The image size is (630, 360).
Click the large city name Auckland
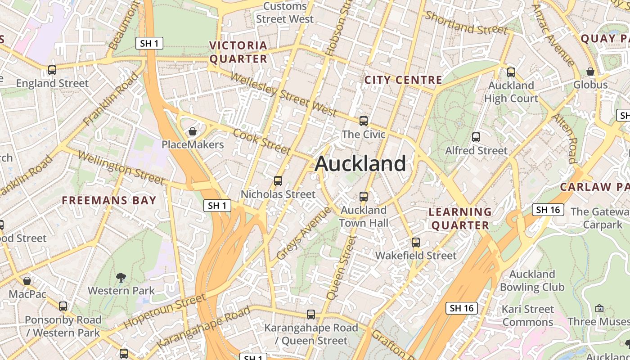(360, 164)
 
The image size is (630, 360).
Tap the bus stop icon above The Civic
(364, 121)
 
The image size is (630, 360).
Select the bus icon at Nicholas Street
(278, 181)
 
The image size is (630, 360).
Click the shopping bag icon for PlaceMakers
(193, 131)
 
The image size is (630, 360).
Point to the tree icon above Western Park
(121, 277)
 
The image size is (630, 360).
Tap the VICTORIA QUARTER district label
(238, 52)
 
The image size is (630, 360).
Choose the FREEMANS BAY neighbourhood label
(109, 201)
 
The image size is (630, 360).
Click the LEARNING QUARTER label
(460, 219)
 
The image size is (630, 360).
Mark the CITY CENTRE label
(403, 80)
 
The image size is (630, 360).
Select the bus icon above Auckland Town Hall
(364, 197)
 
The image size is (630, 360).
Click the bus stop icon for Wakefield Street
(416, 243)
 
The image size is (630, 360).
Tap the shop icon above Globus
(590, 72)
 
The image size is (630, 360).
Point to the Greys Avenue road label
(303, 234)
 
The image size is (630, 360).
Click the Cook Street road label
(261, 141)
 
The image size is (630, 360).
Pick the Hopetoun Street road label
(164, 310)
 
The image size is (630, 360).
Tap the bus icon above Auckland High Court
(511, 72)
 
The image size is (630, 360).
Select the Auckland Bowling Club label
(532, 280)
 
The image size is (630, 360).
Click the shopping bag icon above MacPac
(27, 281)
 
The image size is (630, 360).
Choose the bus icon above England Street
(52, 70)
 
